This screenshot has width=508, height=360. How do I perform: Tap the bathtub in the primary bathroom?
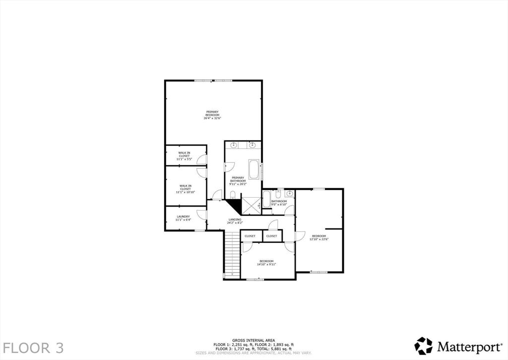click(x=254, y=169)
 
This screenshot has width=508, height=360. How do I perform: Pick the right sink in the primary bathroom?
click(x=252, y=145)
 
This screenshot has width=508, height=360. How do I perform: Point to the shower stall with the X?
click(x=251, y=204)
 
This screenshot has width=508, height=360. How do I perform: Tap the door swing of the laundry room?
click(x=202, y=215)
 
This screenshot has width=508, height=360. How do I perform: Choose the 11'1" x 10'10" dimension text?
click(x=185, y=192)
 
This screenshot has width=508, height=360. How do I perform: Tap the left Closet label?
click(x=250, y=236)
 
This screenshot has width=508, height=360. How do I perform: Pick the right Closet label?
click(x=272, y=236)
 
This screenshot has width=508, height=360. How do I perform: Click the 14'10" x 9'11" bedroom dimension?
click(x=266, y=265)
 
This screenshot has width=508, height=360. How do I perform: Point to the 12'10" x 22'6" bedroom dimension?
click(x=319, y=239)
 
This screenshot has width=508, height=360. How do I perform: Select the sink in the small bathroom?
click(x=290, y=194)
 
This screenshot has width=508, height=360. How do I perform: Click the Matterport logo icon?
click(x=423, y=346)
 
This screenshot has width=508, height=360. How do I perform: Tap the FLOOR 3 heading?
click(x=33, y=347)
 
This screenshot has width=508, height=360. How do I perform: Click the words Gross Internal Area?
click(x=254, y=340)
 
